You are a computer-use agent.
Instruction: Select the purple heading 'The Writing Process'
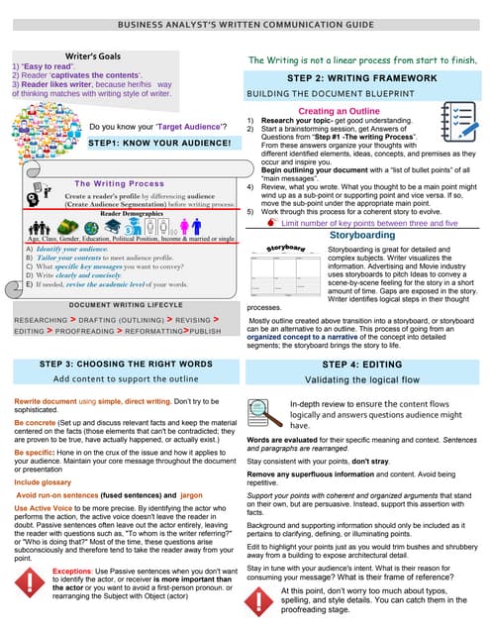point(119,184)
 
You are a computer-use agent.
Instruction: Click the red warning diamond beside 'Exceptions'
point(31,582)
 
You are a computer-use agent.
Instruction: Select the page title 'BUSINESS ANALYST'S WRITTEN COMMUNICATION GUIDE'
point(245,24)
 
